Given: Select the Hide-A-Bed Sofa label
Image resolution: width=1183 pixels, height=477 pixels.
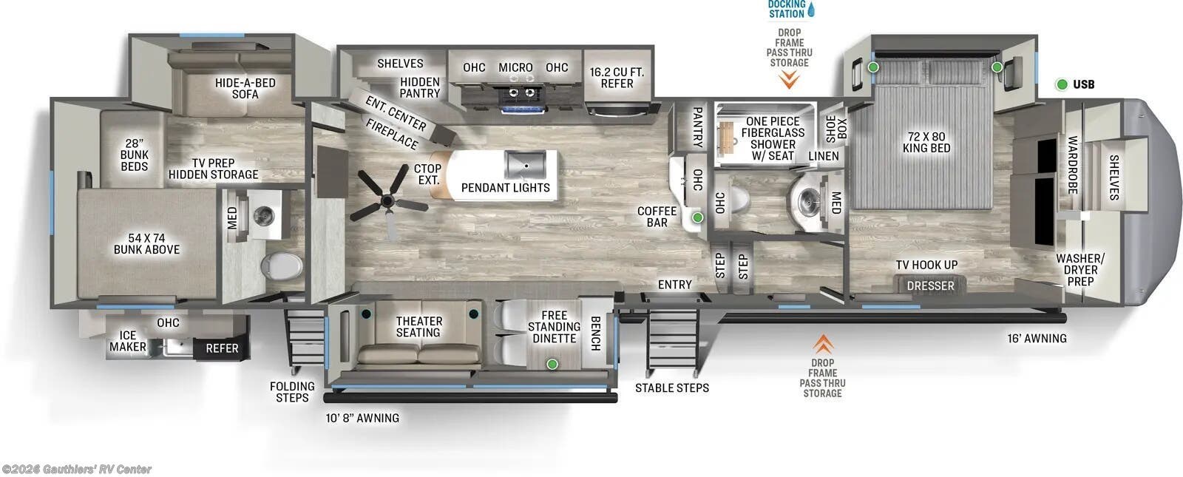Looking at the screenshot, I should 245,88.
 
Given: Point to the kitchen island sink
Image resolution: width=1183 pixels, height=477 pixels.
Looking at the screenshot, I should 525,162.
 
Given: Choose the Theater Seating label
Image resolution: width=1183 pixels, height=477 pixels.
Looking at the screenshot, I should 418,326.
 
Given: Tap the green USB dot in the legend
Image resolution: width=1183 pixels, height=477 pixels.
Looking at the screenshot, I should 1062,84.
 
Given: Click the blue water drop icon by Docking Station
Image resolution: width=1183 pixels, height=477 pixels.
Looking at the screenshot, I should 812,10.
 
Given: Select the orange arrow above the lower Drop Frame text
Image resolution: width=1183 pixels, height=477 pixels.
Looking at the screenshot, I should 822,344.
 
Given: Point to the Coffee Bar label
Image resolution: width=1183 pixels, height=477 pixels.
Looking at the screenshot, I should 657,217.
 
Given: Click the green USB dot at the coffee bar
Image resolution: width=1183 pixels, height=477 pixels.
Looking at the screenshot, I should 697,217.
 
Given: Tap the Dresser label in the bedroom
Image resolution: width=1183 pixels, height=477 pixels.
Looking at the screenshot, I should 930,285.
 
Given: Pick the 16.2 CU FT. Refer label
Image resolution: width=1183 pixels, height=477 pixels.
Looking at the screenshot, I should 617,78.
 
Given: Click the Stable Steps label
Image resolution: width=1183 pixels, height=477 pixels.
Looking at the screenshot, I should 671,388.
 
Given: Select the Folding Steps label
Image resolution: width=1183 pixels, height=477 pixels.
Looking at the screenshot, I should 292,392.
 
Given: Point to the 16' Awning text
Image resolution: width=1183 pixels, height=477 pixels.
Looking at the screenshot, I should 1037,338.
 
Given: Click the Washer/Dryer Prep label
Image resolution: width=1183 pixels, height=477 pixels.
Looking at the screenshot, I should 1079,269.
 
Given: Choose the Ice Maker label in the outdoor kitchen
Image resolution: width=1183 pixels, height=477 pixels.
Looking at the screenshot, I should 128,341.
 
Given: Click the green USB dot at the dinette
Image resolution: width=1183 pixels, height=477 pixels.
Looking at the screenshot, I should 552,364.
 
